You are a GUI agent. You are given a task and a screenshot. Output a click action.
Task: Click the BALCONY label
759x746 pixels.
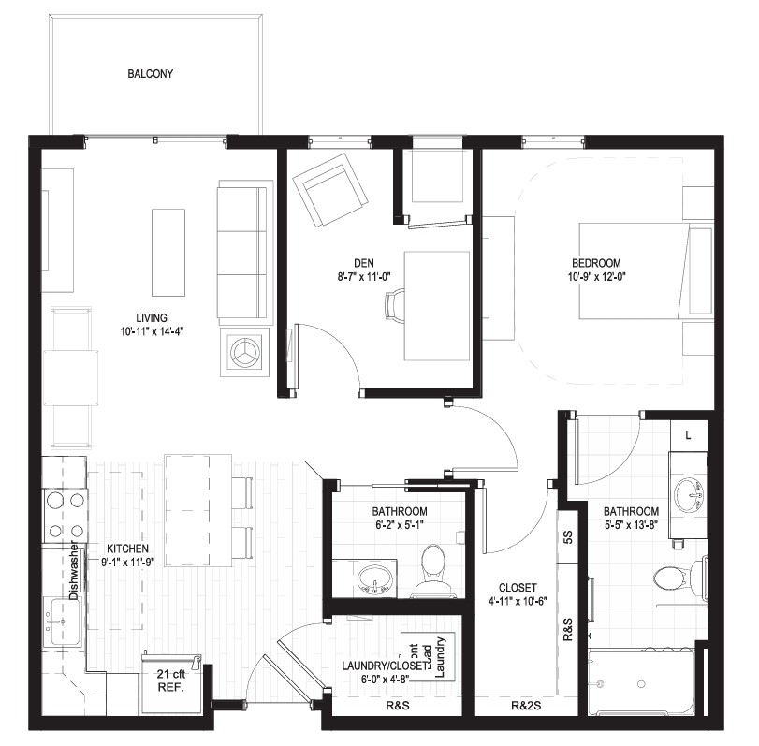click(x=150, y=74)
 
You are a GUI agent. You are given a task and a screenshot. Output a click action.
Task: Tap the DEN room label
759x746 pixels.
click(x=363, y=263)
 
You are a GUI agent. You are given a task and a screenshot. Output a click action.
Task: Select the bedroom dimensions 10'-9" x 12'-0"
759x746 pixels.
click(x=596, y=277)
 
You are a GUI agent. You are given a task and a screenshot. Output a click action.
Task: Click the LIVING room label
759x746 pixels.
click(x=152, y=318)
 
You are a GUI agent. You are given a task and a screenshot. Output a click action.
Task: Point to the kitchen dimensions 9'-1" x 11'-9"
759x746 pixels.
click(x=128, y=562)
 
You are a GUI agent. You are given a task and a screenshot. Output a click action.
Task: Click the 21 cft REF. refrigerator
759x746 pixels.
click(x=172, y=683)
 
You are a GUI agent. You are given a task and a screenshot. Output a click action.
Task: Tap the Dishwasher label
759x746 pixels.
click(x=74, y=570)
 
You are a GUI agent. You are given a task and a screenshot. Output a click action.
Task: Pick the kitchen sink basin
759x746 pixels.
click(x=62, y=622)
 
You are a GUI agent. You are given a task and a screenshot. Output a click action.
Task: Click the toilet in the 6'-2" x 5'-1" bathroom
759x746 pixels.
click(x=433, y=570)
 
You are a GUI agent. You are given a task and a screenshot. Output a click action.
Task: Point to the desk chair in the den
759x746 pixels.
click(x=394, y=305)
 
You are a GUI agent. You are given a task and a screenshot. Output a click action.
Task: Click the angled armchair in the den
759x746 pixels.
click(x=329, y=190)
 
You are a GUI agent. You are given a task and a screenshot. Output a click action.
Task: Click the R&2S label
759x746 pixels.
click(x=526, y=706)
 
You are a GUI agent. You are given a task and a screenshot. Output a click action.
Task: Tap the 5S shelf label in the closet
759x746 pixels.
click(x=568, y=537)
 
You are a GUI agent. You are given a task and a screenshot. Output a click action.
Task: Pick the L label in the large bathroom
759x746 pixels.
click(x=688, y=435)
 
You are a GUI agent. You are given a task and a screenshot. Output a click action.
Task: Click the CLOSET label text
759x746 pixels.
click(x=518, y=588)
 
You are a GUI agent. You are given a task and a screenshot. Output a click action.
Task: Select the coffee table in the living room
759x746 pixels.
click(x=168, y=252)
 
